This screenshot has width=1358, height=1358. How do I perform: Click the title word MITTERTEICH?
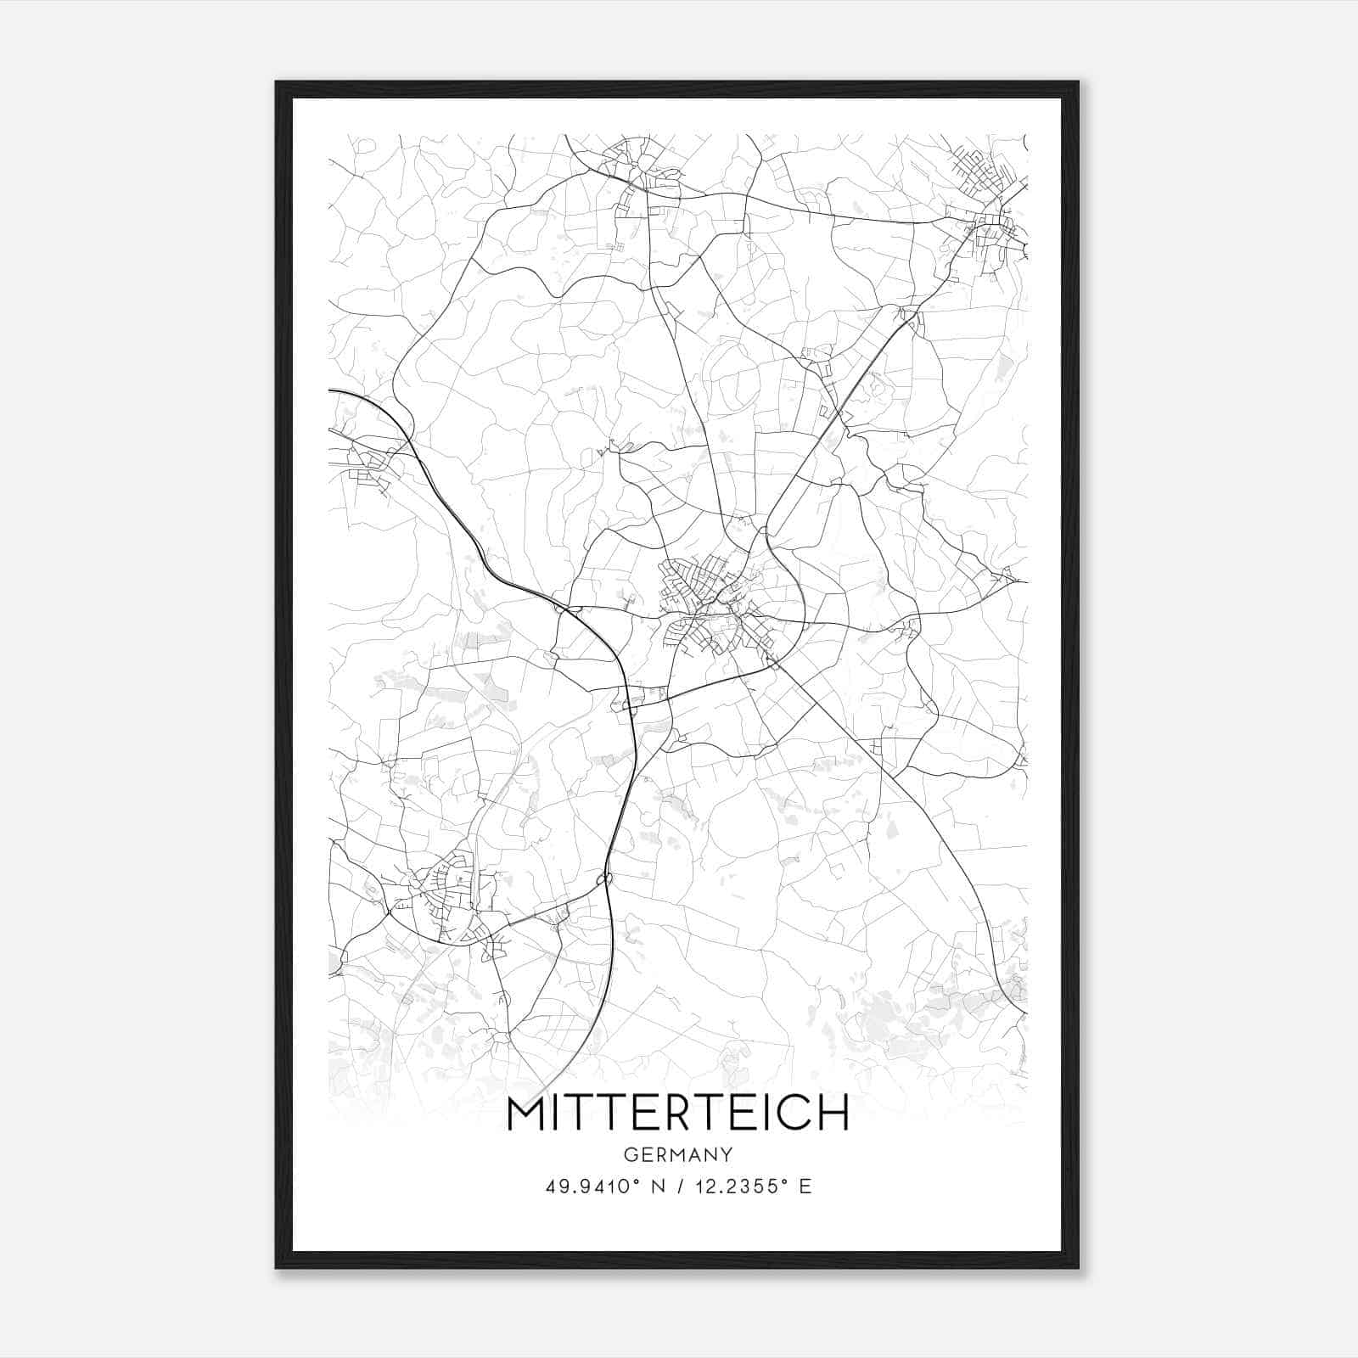click(677, 1114)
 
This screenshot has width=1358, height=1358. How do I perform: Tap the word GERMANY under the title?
click(677, 1155)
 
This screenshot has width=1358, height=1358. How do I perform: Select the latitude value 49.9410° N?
click(604, 1187)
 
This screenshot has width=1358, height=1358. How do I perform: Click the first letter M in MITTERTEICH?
click(528, 1114)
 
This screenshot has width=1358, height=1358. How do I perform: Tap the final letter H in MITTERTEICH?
click(833, 1114)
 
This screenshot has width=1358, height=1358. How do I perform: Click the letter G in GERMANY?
click(631, 1155)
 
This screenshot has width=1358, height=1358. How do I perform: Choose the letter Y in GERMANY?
click(727, 1155)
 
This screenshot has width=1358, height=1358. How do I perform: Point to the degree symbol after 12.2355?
click(783, 1181)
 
